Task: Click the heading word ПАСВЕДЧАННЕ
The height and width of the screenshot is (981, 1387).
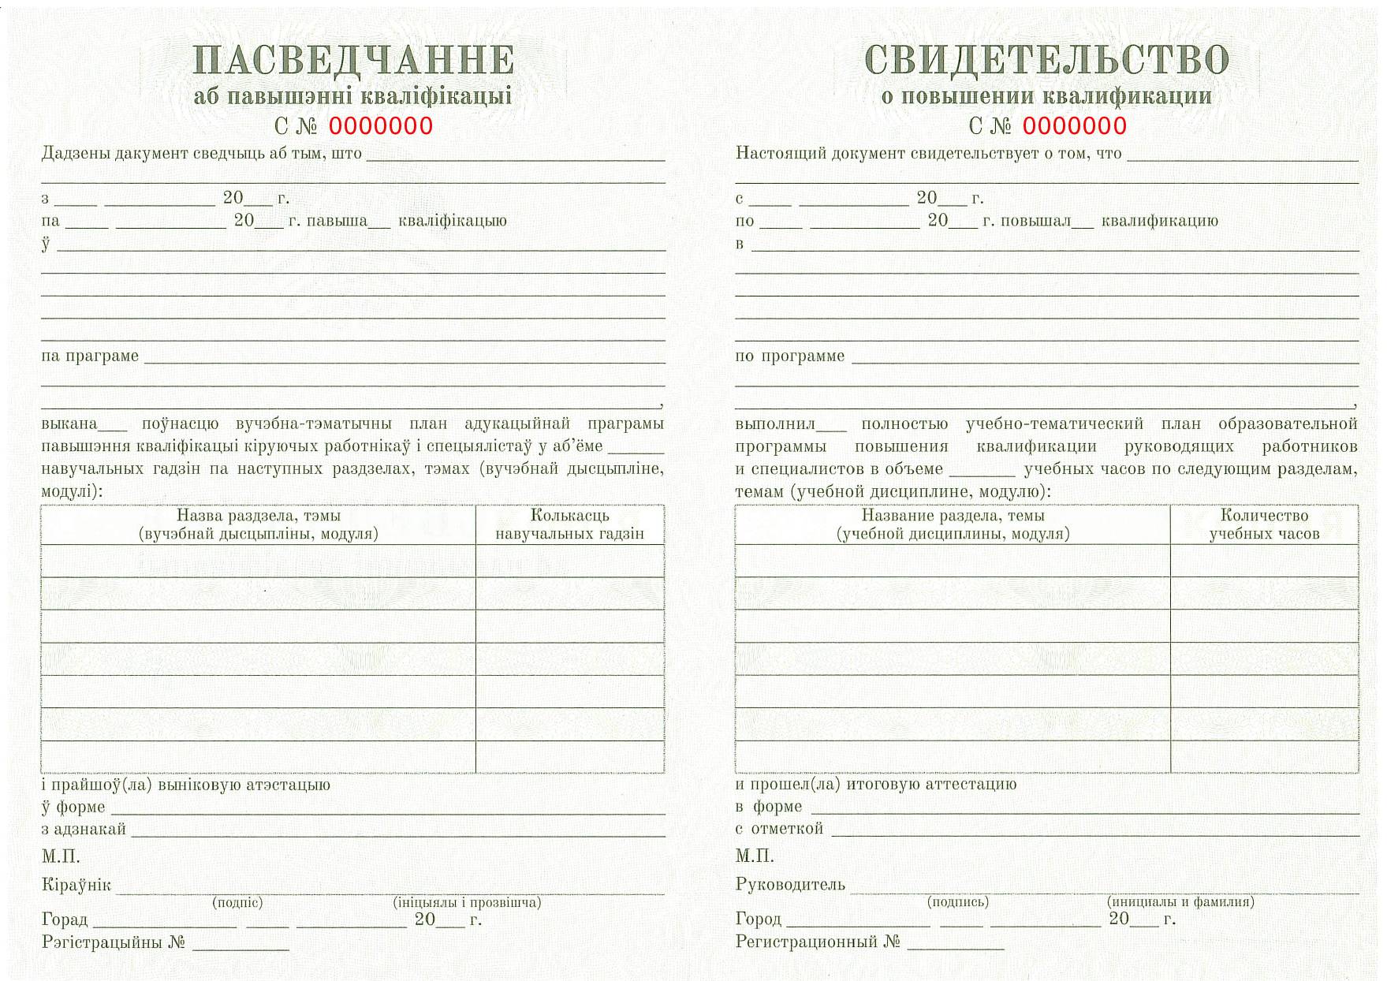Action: pyautogui.click(x=353, y=61)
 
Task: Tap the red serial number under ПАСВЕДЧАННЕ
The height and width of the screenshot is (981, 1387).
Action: pyautogui.click(x=381, y=126)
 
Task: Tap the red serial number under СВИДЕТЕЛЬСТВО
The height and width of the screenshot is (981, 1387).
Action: pyautogui.click(x=1075, y=126)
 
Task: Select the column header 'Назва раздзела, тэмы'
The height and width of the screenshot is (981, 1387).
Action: pyautogui.click(x=258, y=524)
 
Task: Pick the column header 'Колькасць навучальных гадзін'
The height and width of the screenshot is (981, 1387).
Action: pyautogui.click(x=569, y=524)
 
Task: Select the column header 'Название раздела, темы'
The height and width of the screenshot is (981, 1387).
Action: pyautogui.click(x=953, y=524)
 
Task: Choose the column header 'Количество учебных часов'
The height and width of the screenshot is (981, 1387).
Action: pyautogui.click(x=1264, y=524)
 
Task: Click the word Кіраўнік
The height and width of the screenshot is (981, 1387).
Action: pyautogui.click(x=76, y=885)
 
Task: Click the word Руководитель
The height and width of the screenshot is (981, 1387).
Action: pyautogui.click(x=790, y=885)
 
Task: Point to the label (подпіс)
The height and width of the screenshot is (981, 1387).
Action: pyautogui.click(x=237, y=902)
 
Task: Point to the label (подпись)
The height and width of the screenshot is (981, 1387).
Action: pyautogui.click(x=958, y=901)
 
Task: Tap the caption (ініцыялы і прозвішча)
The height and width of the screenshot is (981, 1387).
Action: pyautogui.click(x=467, y=902)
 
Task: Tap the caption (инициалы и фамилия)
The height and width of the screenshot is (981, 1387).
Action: pyautogui.click(x=1180, y=901)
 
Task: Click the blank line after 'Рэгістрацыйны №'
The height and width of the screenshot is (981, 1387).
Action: pyautogui.click(x=240, y=946)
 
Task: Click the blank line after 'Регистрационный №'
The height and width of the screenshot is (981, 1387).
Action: pyautogui.click(x=956, y=945)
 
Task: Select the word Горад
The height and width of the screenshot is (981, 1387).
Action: pyautogui.click(x=65, y=920)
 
